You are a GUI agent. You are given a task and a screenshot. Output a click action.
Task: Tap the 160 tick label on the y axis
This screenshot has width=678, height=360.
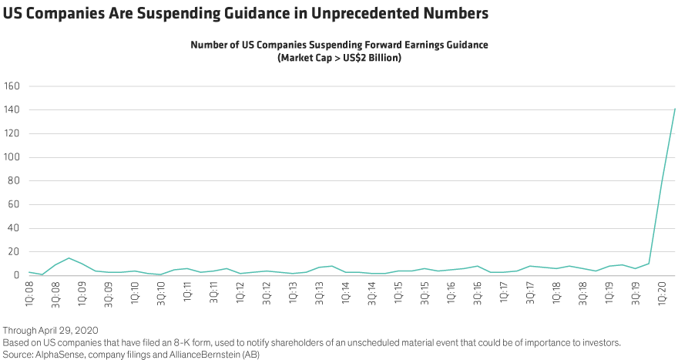(x=12, y=86)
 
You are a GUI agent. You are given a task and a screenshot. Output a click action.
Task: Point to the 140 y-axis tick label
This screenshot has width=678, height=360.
(x=12, y=109)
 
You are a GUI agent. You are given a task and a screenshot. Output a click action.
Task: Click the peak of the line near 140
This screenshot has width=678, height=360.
(x=675, y=109)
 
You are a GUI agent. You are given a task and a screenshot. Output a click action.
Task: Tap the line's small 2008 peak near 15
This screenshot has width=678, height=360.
(x=69, y=258)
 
